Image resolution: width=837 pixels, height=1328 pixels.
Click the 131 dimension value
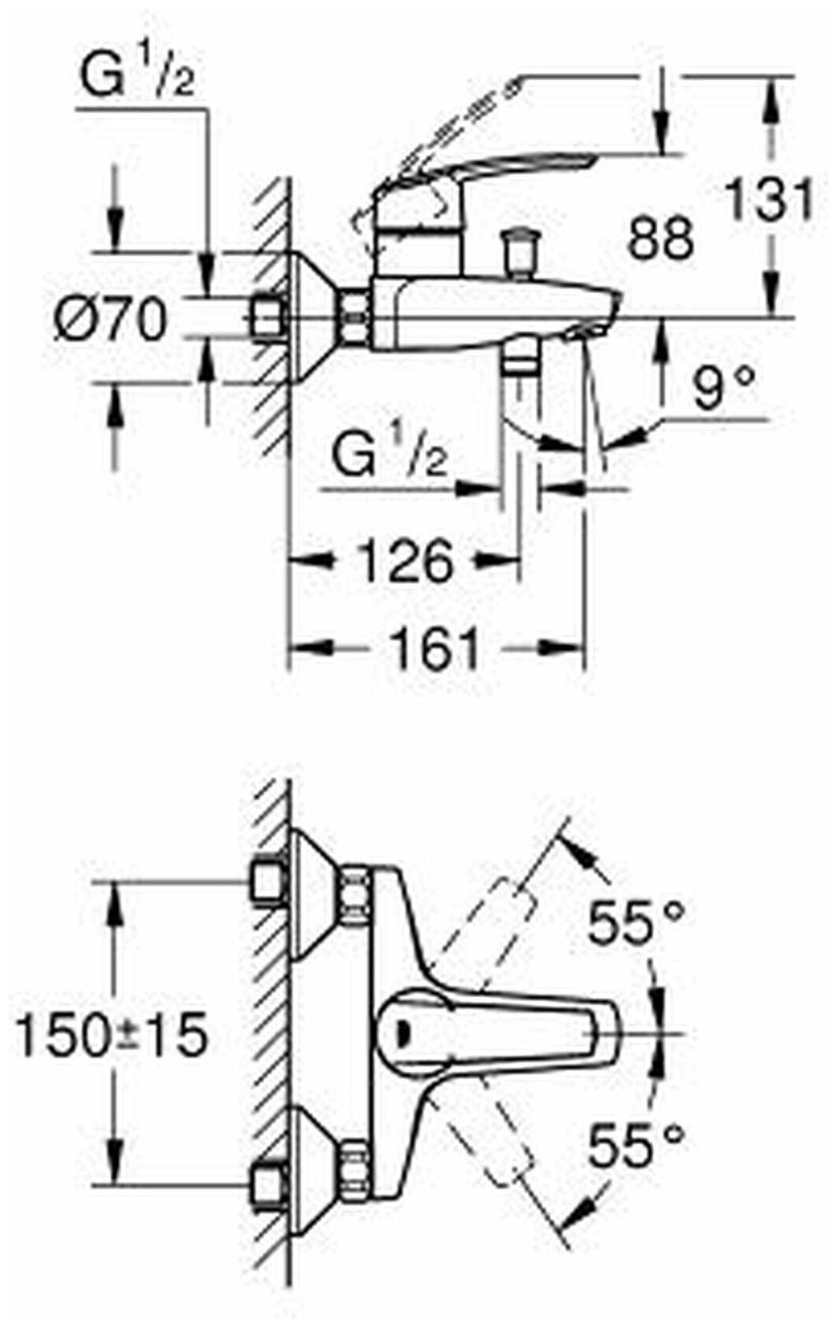[769, 200]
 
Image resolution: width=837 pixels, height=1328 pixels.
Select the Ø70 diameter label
[111, 320]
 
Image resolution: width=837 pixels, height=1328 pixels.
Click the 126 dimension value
[406, 561]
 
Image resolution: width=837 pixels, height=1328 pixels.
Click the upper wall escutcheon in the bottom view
[314, 896]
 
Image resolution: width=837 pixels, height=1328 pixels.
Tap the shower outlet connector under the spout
[518, 362]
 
